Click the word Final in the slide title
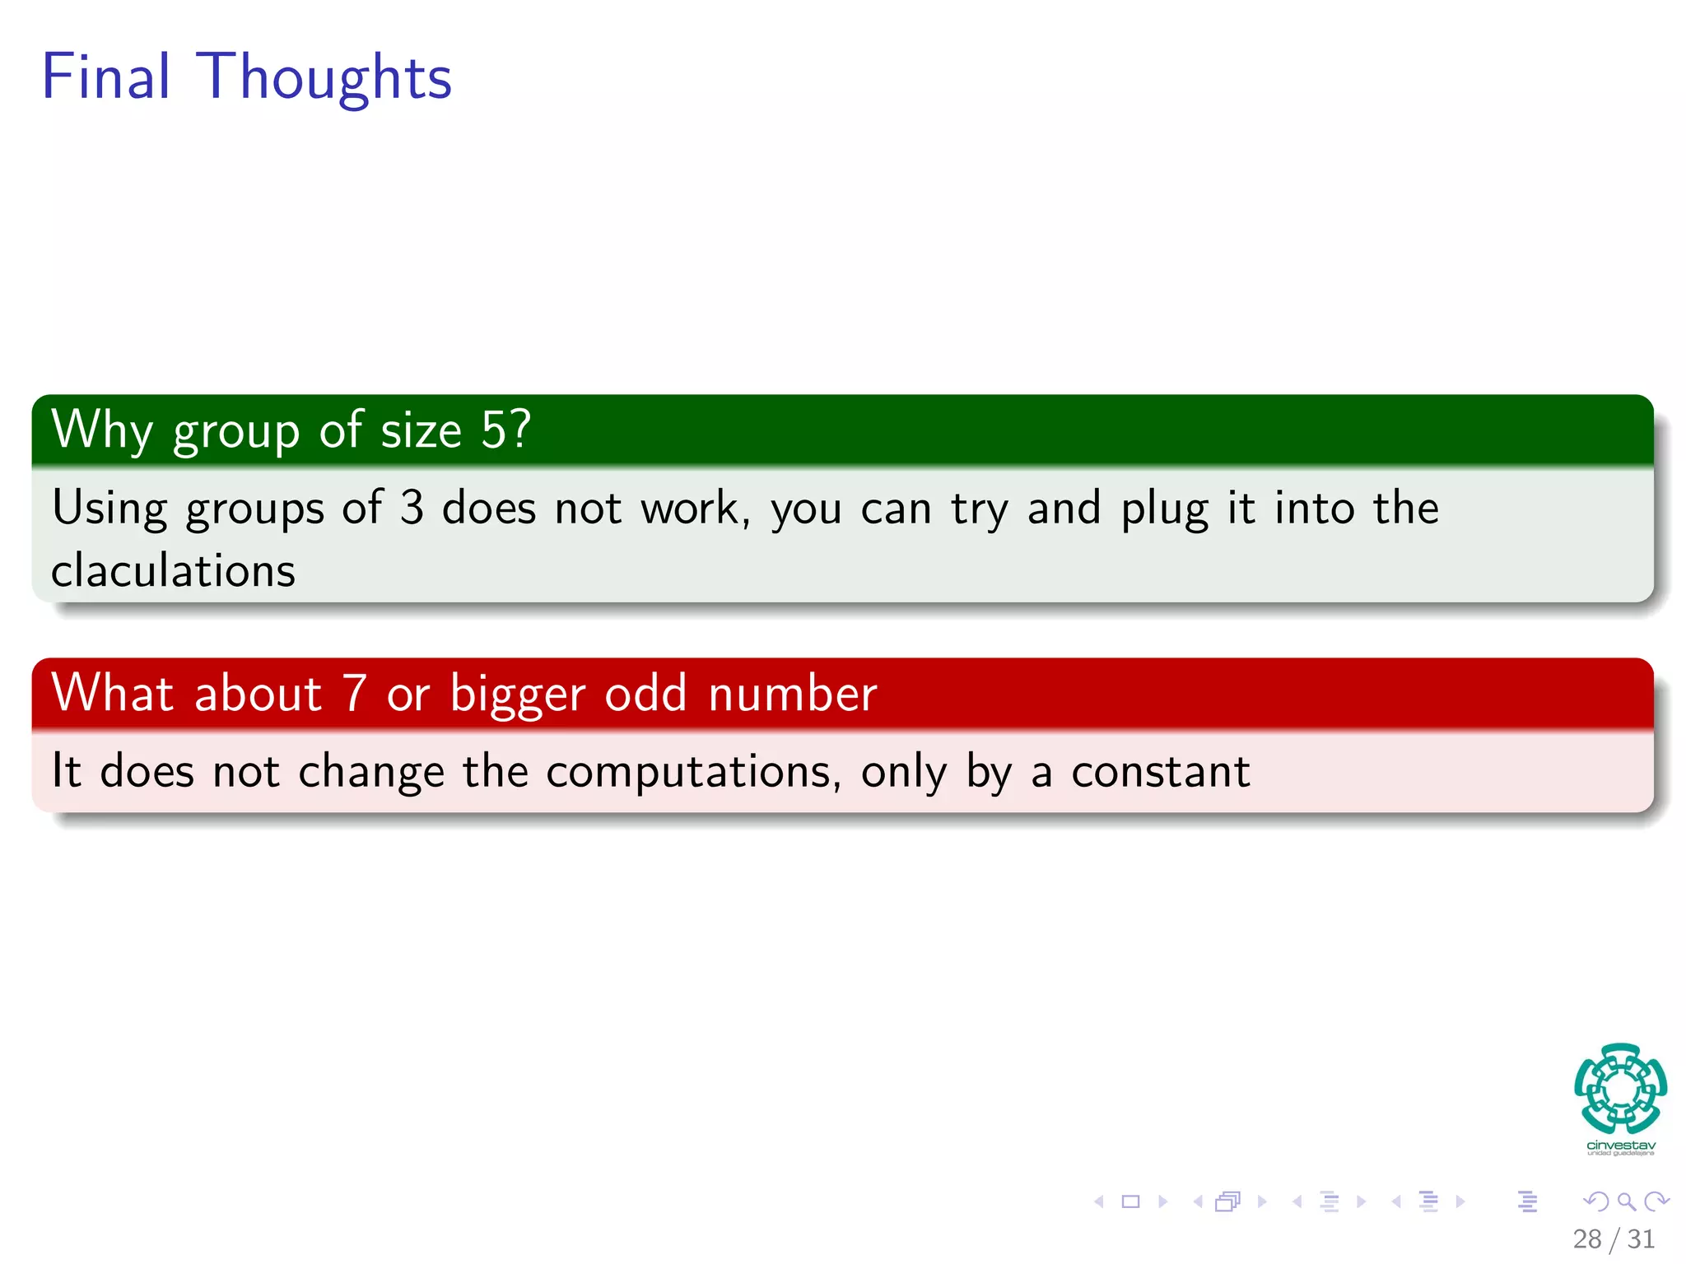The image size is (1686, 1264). tap(105, 77)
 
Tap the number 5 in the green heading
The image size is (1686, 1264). tap(495, 430)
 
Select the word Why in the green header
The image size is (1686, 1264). tap(102, 430)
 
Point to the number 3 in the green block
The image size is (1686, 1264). tap(412, 508)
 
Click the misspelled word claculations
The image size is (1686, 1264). tap(173, 570)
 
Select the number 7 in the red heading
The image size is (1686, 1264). tap(355, 693)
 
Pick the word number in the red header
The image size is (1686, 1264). tap(792, 693)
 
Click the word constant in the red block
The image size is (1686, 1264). tap(1160, 772)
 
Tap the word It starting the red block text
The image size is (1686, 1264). tap(66, 771)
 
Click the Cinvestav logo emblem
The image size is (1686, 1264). tap(1620, 1089)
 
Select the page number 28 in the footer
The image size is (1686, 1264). tap(1586, 1238)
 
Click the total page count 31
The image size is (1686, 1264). tap(1641, 1238)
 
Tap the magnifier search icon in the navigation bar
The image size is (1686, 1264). tap(1626, 1201)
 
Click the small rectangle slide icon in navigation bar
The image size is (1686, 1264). tap(1130, 1201)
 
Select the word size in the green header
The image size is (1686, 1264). tap(421, 430)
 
